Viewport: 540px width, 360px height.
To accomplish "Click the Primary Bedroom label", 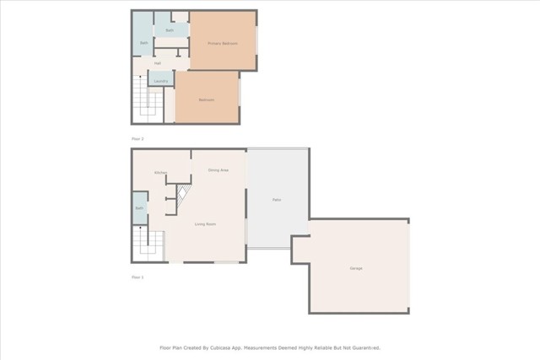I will [223, 43].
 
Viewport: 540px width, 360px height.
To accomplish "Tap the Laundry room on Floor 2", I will [160, 81].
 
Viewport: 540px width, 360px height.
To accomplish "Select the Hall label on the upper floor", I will [158, 63].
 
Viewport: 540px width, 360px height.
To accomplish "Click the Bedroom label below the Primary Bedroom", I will [207, 100].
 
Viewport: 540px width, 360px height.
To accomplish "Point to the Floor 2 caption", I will [138, 137].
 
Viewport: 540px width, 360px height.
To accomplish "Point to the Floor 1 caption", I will [138, 277].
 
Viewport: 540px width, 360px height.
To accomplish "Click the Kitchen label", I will [160, 173].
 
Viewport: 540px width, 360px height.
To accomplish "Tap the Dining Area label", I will [219, 170].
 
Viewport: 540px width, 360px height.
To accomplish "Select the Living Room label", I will [205, 223].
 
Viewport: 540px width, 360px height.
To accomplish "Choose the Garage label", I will [356, 268].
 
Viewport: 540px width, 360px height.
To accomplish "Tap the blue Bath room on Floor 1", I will [139, 207].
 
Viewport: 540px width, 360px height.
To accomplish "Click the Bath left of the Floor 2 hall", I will [143, 42].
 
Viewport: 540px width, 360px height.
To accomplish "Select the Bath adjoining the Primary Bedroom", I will [170, 30].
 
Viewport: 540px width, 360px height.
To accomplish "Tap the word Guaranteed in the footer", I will [364, 347].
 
